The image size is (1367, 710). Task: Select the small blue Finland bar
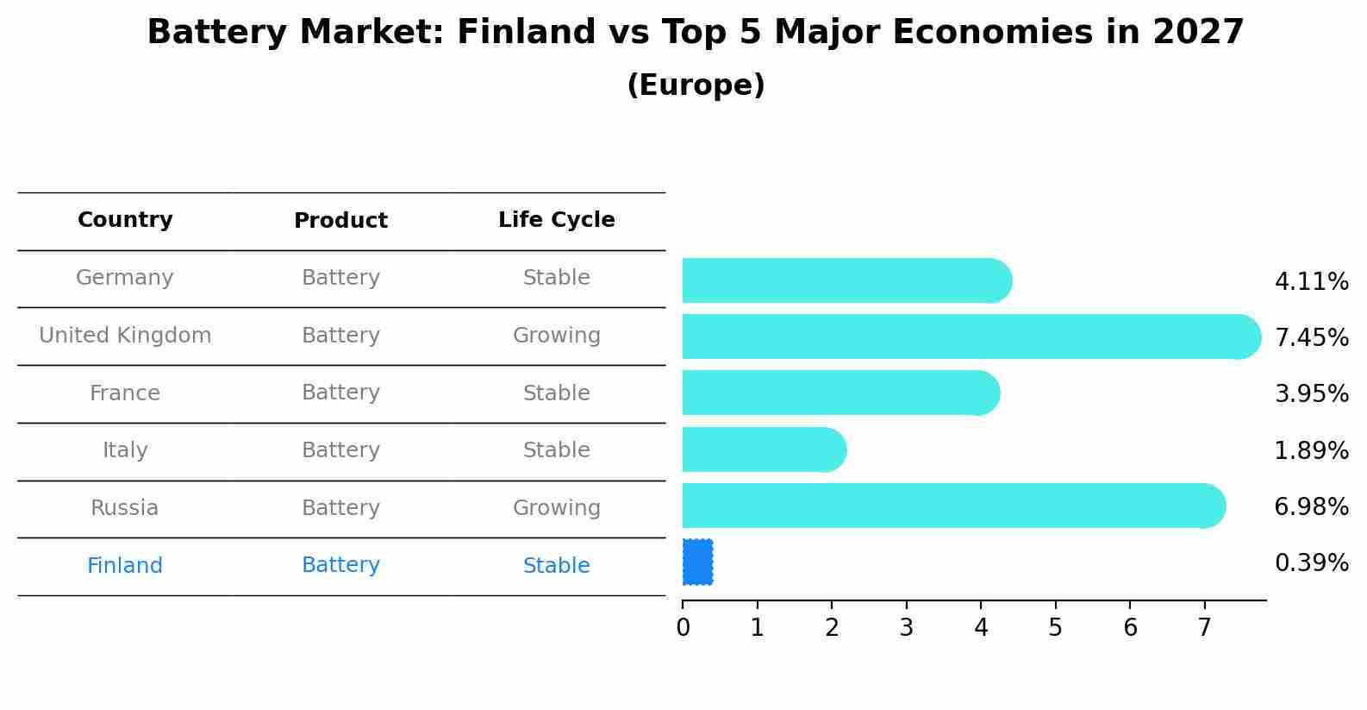tap(697, 562)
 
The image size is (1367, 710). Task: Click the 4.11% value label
tap(1311, 282)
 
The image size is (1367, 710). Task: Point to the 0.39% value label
tap(1311, 563)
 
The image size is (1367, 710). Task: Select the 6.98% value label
tap(1311, 506)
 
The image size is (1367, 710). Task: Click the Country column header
tap(125, 220)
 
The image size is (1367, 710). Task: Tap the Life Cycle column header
tap(556, 220)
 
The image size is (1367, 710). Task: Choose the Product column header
tap(340, 221)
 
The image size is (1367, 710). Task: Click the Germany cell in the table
tap(125, 278)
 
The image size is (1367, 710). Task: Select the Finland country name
tap(125, 566)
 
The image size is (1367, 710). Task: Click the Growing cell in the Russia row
tap(556, 508)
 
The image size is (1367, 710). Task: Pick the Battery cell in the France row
tap(340, 393)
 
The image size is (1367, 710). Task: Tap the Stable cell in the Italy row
tap(556, 450)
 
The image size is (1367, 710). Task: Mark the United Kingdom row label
tap(125, 336)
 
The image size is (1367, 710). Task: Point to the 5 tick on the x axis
tap(1055, 628)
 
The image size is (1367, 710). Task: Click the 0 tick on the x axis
tap(683, 628)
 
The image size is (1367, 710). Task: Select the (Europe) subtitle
tap(696, 85)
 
